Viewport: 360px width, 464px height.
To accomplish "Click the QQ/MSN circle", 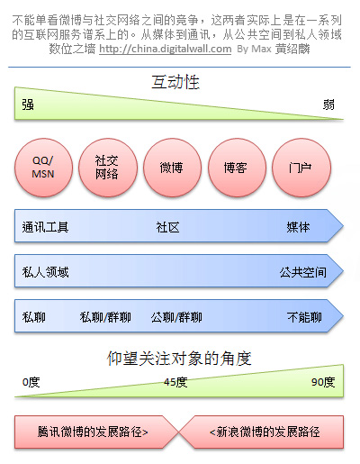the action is point(43,168).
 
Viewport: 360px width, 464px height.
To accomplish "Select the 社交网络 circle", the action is point(108,168).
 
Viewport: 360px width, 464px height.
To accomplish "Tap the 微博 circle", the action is point(172,168).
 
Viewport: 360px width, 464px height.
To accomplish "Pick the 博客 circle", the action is point(237,168).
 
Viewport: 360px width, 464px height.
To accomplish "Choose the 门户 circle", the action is point(301,168).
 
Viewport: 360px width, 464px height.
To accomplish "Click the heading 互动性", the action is point(175,82).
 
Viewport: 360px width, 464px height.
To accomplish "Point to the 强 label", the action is point(28,105).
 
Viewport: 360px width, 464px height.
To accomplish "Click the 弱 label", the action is point(328,105).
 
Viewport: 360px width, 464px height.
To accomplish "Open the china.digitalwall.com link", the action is point(166,49).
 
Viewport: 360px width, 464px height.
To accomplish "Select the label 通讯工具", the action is point(45,227).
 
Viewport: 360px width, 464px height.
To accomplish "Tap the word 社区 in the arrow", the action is point(167,227).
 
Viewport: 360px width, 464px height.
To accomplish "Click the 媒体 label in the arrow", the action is point(298,227).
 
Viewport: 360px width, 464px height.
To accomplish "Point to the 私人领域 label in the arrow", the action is point(45,272).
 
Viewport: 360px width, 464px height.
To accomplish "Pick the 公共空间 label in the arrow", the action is point(303,272).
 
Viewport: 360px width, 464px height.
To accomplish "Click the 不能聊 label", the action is point(304,317).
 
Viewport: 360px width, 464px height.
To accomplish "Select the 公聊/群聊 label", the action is point(176,317).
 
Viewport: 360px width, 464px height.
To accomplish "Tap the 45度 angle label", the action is point(175,382).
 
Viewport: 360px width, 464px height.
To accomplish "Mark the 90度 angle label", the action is point(323,382).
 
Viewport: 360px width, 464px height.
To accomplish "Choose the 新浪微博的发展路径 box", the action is point(265,432).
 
